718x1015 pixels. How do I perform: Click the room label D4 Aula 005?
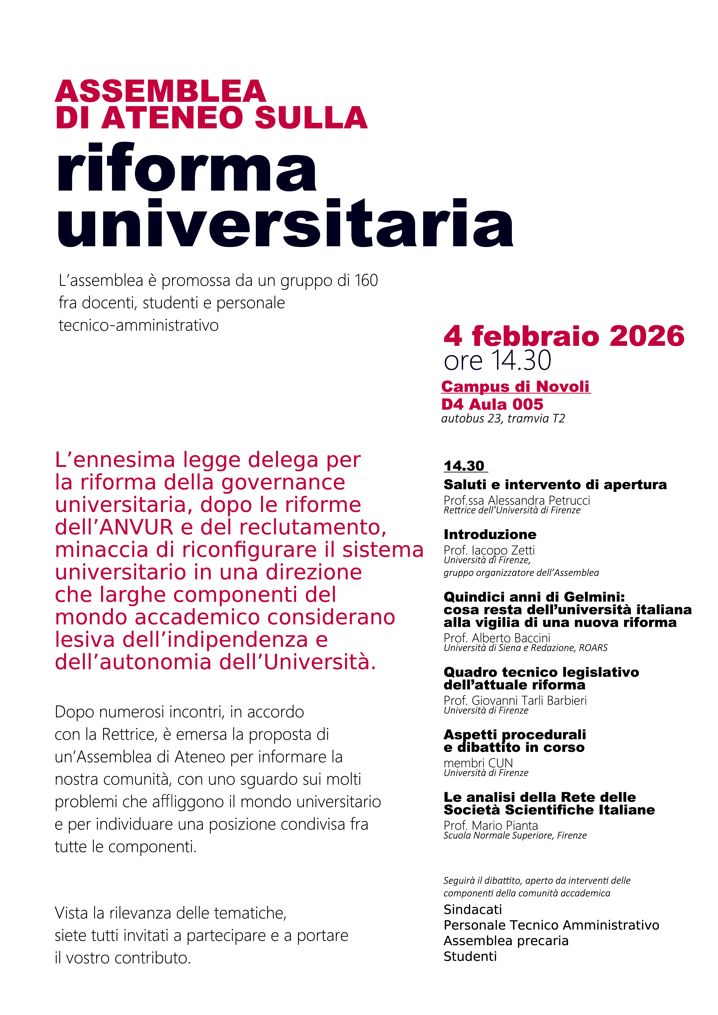492,404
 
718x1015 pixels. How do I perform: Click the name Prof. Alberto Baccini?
497,638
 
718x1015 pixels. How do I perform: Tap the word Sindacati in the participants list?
473,910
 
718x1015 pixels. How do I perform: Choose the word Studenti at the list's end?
470,957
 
